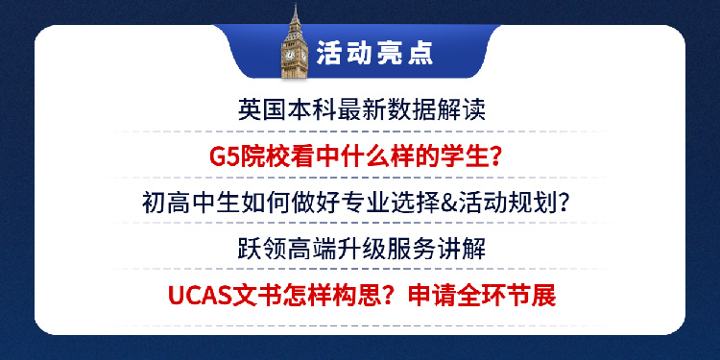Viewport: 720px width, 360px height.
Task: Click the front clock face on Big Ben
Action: point(290,55)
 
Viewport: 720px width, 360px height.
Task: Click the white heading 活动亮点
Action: point(374,54)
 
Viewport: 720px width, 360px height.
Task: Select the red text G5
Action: point(223,157)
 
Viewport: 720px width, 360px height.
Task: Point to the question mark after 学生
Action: point(493,157)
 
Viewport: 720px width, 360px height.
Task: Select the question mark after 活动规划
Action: point(571,204)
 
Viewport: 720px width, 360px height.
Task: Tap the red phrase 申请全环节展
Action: point(482,296)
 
